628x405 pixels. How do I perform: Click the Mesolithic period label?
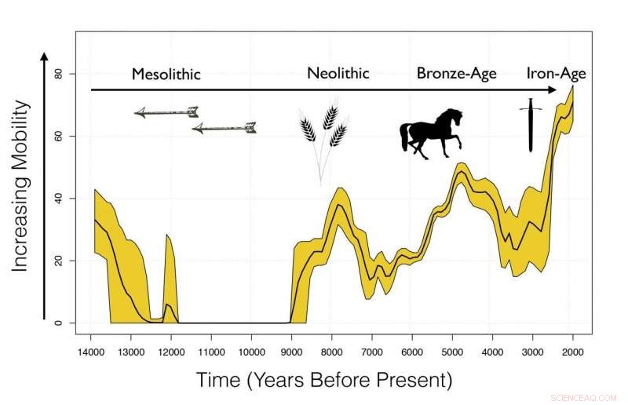pos(166,75)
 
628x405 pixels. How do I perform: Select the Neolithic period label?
pos(338,74)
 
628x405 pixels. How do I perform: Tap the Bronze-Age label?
pos(456,75)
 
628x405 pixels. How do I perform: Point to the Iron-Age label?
pos(556,75)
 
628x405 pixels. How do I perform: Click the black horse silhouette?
pos(431,133)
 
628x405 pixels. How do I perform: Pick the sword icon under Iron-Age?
pos(531,125)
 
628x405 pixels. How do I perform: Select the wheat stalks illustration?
pos(323,133)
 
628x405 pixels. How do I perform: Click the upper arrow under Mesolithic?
pos(166,112)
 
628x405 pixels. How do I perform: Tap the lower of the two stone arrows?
pos(225,127)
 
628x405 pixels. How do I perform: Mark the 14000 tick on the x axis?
pos(91,351)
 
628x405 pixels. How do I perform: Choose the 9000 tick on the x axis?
pos(291,351)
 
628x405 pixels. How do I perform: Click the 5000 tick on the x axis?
pos(452,351)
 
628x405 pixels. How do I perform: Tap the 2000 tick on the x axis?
pos(573,351)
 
